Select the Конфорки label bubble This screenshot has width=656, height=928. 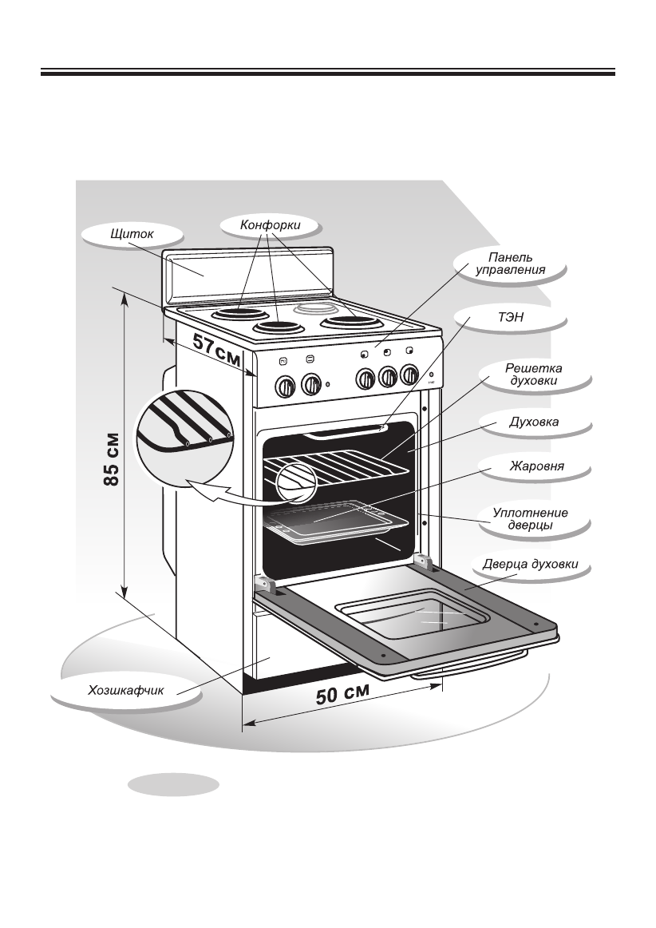(x=271, y=226)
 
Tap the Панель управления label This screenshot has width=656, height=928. (x=510, y=264)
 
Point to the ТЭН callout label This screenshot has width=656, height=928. (x=510, y=318)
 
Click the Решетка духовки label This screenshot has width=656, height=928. (x=534, y=375)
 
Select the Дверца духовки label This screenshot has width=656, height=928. (x=530, y=565)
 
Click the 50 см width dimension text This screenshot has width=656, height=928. (x=343, y=694)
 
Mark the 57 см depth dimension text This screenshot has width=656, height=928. (x=216, y=351)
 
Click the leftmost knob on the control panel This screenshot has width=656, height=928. (x=284, y=387)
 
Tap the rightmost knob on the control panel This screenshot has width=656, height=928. (x=409, y=374)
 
